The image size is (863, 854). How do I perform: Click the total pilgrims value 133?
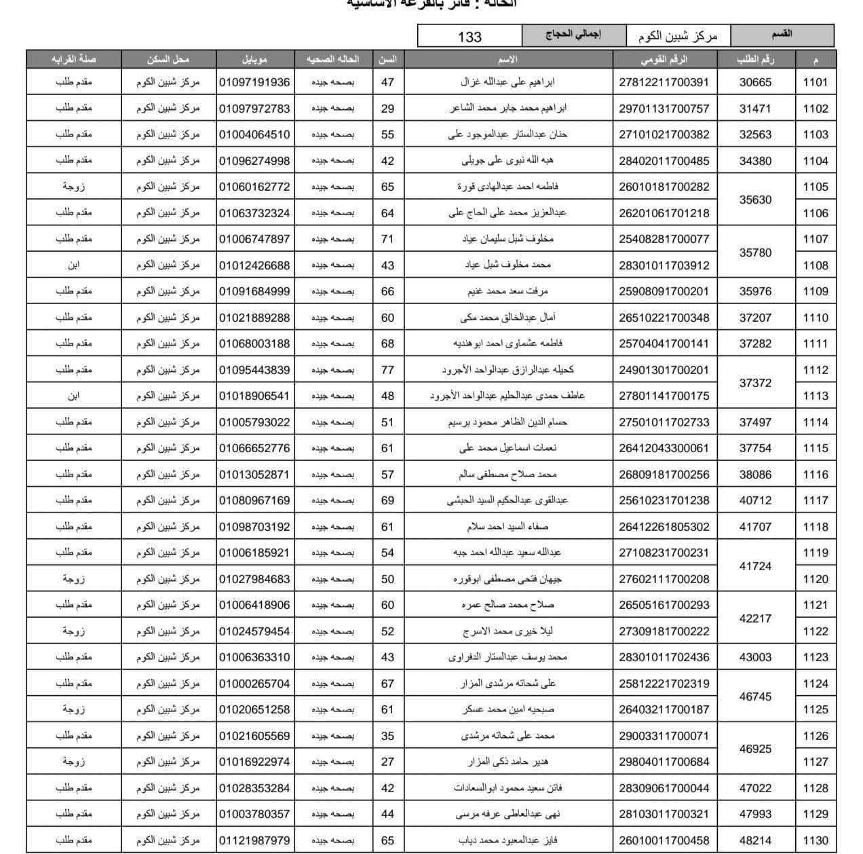click(x=469, y=36)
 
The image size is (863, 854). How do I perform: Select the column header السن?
click(x=387, y=60)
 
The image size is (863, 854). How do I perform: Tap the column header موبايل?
click(x=254, y=60)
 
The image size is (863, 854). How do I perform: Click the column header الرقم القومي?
click(x=664, y=60)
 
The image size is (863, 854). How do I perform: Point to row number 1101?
click(x=815, y=82)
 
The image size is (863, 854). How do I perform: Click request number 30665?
click(x=755, y=82)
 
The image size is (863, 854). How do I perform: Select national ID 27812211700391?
click(x=664, y=82)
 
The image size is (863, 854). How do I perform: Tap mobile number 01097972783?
click(x=254, y=109)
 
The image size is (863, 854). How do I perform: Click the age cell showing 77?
click(x=387, y=370)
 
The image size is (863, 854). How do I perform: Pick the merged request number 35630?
click(x=755, y=200)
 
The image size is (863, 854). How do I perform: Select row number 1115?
click(x=815, y=448)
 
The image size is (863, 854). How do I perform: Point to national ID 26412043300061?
click(x=664, y=448)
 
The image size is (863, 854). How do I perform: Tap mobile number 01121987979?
click(x=254, y=840)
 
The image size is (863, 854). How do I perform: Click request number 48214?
click(x=755, y=840)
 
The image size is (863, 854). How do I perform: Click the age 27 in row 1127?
click(x=387, y=762)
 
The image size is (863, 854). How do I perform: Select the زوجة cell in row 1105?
click(x=73, y=187)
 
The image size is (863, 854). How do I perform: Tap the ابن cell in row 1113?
click(x=73, y=396)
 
